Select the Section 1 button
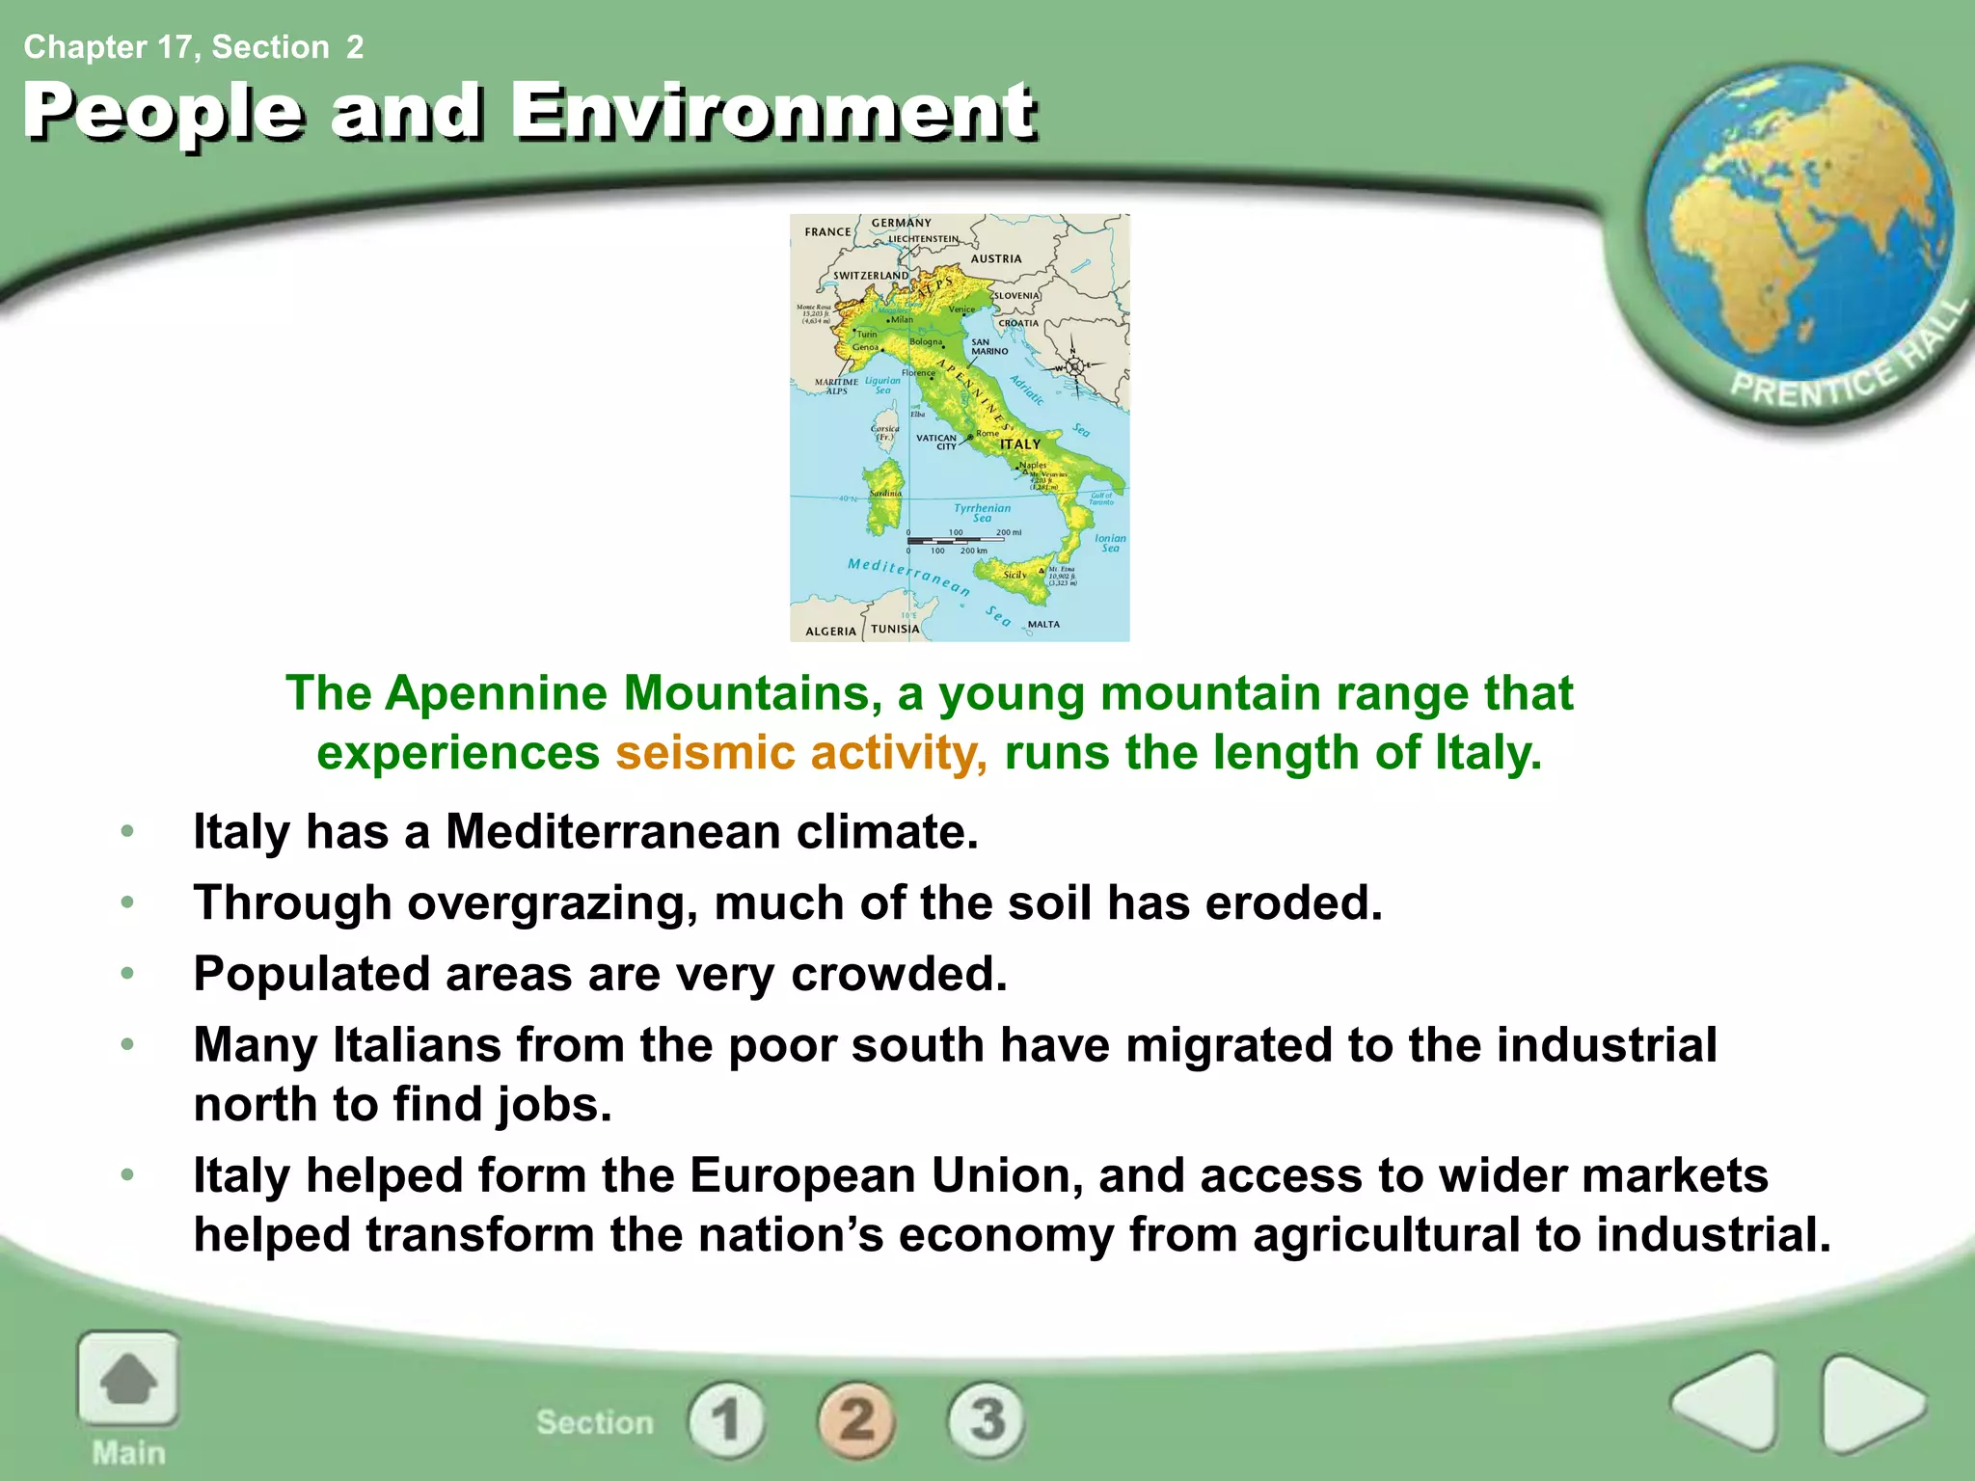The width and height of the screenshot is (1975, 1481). [726, 1420]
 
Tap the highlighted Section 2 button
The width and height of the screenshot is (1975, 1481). [857, 1420]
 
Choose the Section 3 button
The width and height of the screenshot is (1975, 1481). [987, 1420]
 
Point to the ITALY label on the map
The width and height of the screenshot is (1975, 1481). [1019, 444]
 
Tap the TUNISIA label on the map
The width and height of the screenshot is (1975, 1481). [895, 629]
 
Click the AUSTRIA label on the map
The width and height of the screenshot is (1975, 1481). [995, 258]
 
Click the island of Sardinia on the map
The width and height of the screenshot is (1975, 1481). [884, 497]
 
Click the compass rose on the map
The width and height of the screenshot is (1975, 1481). [1073, 366]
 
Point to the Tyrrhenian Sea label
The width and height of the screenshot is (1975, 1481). [982, 512]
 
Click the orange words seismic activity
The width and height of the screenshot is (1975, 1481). [800, 752]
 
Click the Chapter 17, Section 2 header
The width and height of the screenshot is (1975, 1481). [194, 46]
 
